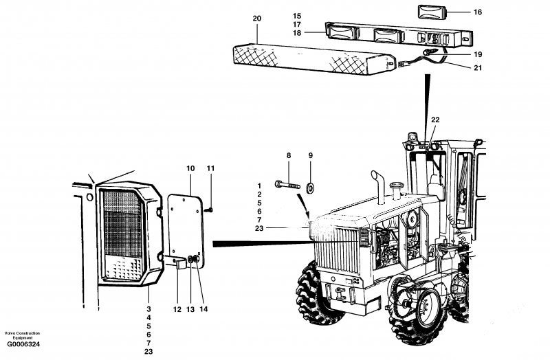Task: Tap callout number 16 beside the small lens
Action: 459,12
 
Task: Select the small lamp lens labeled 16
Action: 430,12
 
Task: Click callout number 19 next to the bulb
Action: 459,54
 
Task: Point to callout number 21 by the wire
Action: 459,67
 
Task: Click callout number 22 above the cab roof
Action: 434,120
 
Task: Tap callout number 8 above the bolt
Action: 289,156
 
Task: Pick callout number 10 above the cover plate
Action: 190,168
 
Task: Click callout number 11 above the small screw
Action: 211,168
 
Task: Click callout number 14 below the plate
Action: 203,309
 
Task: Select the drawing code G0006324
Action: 23,344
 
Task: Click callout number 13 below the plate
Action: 190,309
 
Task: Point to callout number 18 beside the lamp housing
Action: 297,32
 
